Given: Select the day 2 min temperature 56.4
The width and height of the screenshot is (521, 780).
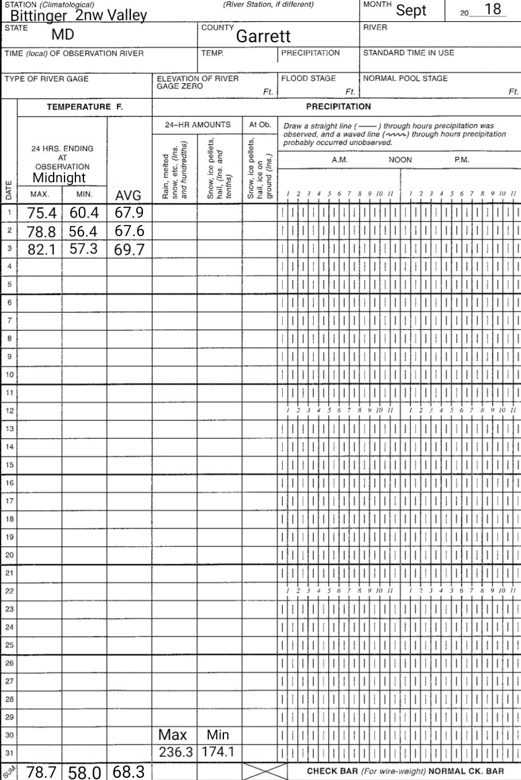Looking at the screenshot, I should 84,231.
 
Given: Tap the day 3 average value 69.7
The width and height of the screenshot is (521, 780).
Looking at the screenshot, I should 129,250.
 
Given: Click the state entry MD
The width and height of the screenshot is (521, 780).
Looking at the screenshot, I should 63,35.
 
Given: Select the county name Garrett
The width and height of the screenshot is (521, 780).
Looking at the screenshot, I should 263,37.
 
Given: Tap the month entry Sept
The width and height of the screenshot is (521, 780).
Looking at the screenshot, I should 411,10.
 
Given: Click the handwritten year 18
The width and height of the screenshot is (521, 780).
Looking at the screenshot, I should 492,10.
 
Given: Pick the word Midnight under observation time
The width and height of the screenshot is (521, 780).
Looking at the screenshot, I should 59,178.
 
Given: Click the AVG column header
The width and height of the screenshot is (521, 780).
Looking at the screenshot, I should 128,196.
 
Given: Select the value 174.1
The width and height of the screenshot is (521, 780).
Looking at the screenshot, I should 217,753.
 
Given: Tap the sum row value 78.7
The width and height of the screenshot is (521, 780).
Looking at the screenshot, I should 42,772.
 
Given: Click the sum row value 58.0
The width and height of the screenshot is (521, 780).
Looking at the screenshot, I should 85,773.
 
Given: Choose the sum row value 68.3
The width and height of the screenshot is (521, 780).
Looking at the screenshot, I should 129,771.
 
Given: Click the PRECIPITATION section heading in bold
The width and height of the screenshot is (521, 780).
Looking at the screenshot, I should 338,106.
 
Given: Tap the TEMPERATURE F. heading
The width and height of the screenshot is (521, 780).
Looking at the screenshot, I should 85,106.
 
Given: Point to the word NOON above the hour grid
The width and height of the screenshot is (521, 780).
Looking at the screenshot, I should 400,160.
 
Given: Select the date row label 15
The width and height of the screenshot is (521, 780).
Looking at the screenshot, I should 9,465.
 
